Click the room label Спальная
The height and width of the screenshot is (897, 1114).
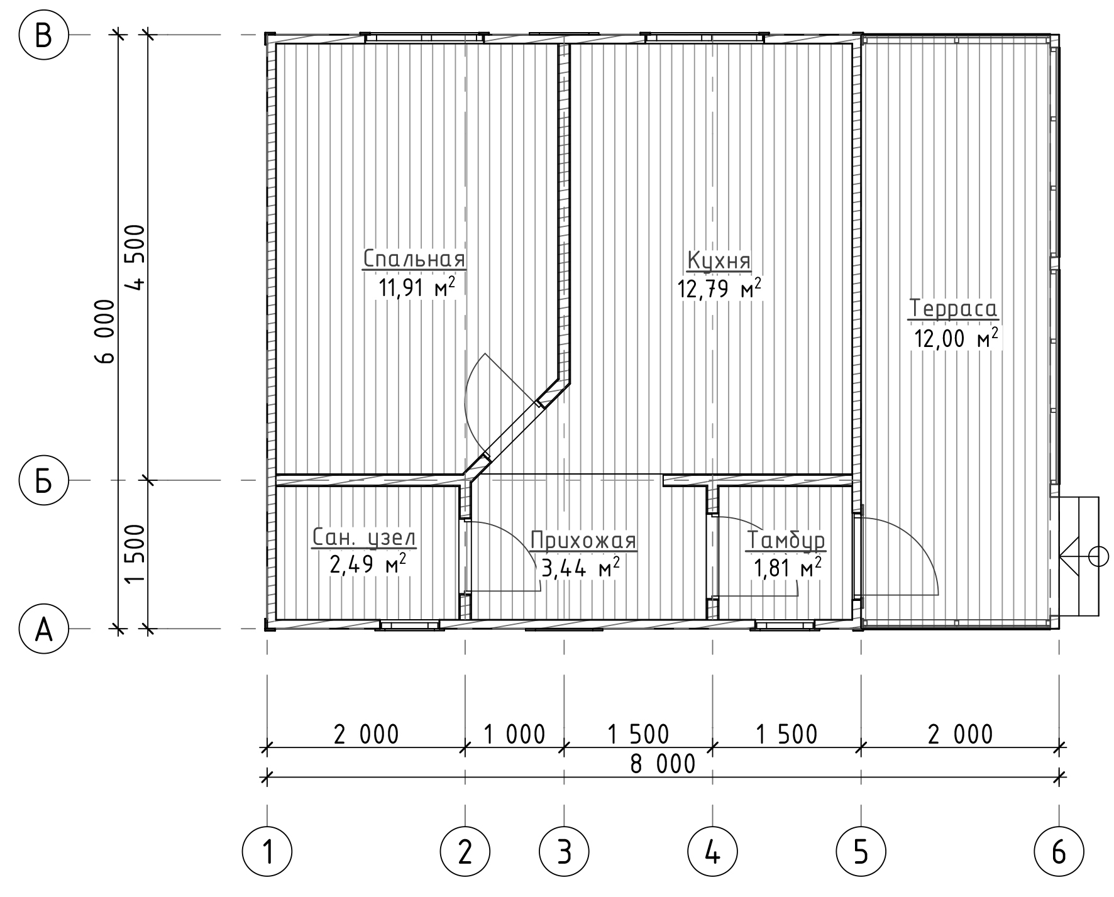point(414,258)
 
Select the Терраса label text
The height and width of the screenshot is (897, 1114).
point(954,309)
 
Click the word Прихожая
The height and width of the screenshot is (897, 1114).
point(583,540)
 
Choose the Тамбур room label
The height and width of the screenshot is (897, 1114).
point(786,540)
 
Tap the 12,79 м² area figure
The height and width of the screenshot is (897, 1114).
point(719,289)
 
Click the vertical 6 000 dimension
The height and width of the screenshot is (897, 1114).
point(105,331)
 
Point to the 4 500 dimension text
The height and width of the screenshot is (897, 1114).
point(135,256)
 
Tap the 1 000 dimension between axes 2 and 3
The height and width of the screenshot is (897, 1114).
point(514,734)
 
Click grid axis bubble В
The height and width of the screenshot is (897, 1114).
point(43,36)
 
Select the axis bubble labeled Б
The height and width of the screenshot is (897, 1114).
point(43,480)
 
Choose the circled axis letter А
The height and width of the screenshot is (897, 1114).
point(43,629)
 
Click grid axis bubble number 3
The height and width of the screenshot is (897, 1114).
point(564,853)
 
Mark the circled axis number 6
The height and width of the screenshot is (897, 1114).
point(1059,853)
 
